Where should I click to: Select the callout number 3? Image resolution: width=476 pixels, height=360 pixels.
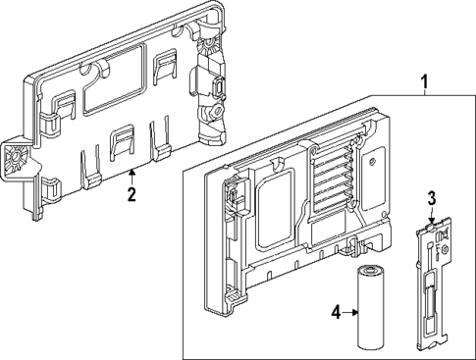click(x=431, y=199)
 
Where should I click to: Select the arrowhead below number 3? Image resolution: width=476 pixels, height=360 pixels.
click(x=431, y=217)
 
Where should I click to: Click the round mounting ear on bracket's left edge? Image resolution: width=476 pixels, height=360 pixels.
click(x=15, y=158)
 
